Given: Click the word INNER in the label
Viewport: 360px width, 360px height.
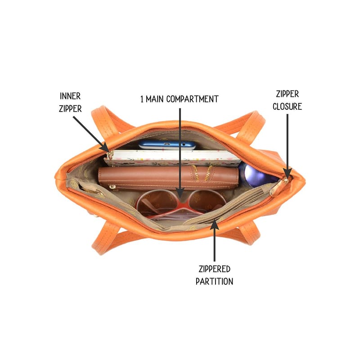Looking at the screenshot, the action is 70,96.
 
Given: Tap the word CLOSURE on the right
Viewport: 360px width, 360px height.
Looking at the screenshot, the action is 287,107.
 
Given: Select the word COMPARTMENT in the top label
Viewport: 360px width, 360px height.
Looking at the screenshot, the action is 193,99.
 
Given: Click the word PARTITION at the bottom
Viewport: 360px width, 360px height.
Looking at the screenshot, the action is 215,281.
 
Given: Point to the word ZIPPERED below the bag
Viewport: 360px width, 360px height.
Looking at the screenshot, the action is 215,269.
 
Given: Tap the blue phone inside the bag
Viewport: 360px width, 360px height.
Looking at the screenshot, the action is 167,145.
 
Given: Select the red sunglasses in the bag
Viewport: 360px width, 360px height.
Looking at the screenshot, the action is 181,204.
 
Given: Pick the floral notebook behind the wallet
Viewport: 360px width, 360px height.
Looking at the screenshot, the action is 172,158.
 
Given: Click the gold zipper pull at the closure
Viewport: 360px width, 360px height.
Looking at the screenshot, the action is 279,186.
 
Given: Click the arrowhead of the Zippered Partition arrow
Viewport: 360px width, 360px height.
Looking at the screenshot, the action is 215,224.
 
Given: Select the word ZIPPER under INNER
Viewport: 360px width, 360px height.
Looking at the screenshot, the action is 70,108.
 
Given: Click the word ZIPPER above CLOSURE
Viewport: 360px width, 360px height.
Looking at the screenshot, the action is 287,94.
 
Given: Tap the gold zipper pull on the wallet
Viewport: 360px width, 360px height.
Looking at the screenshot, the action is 112,187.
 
